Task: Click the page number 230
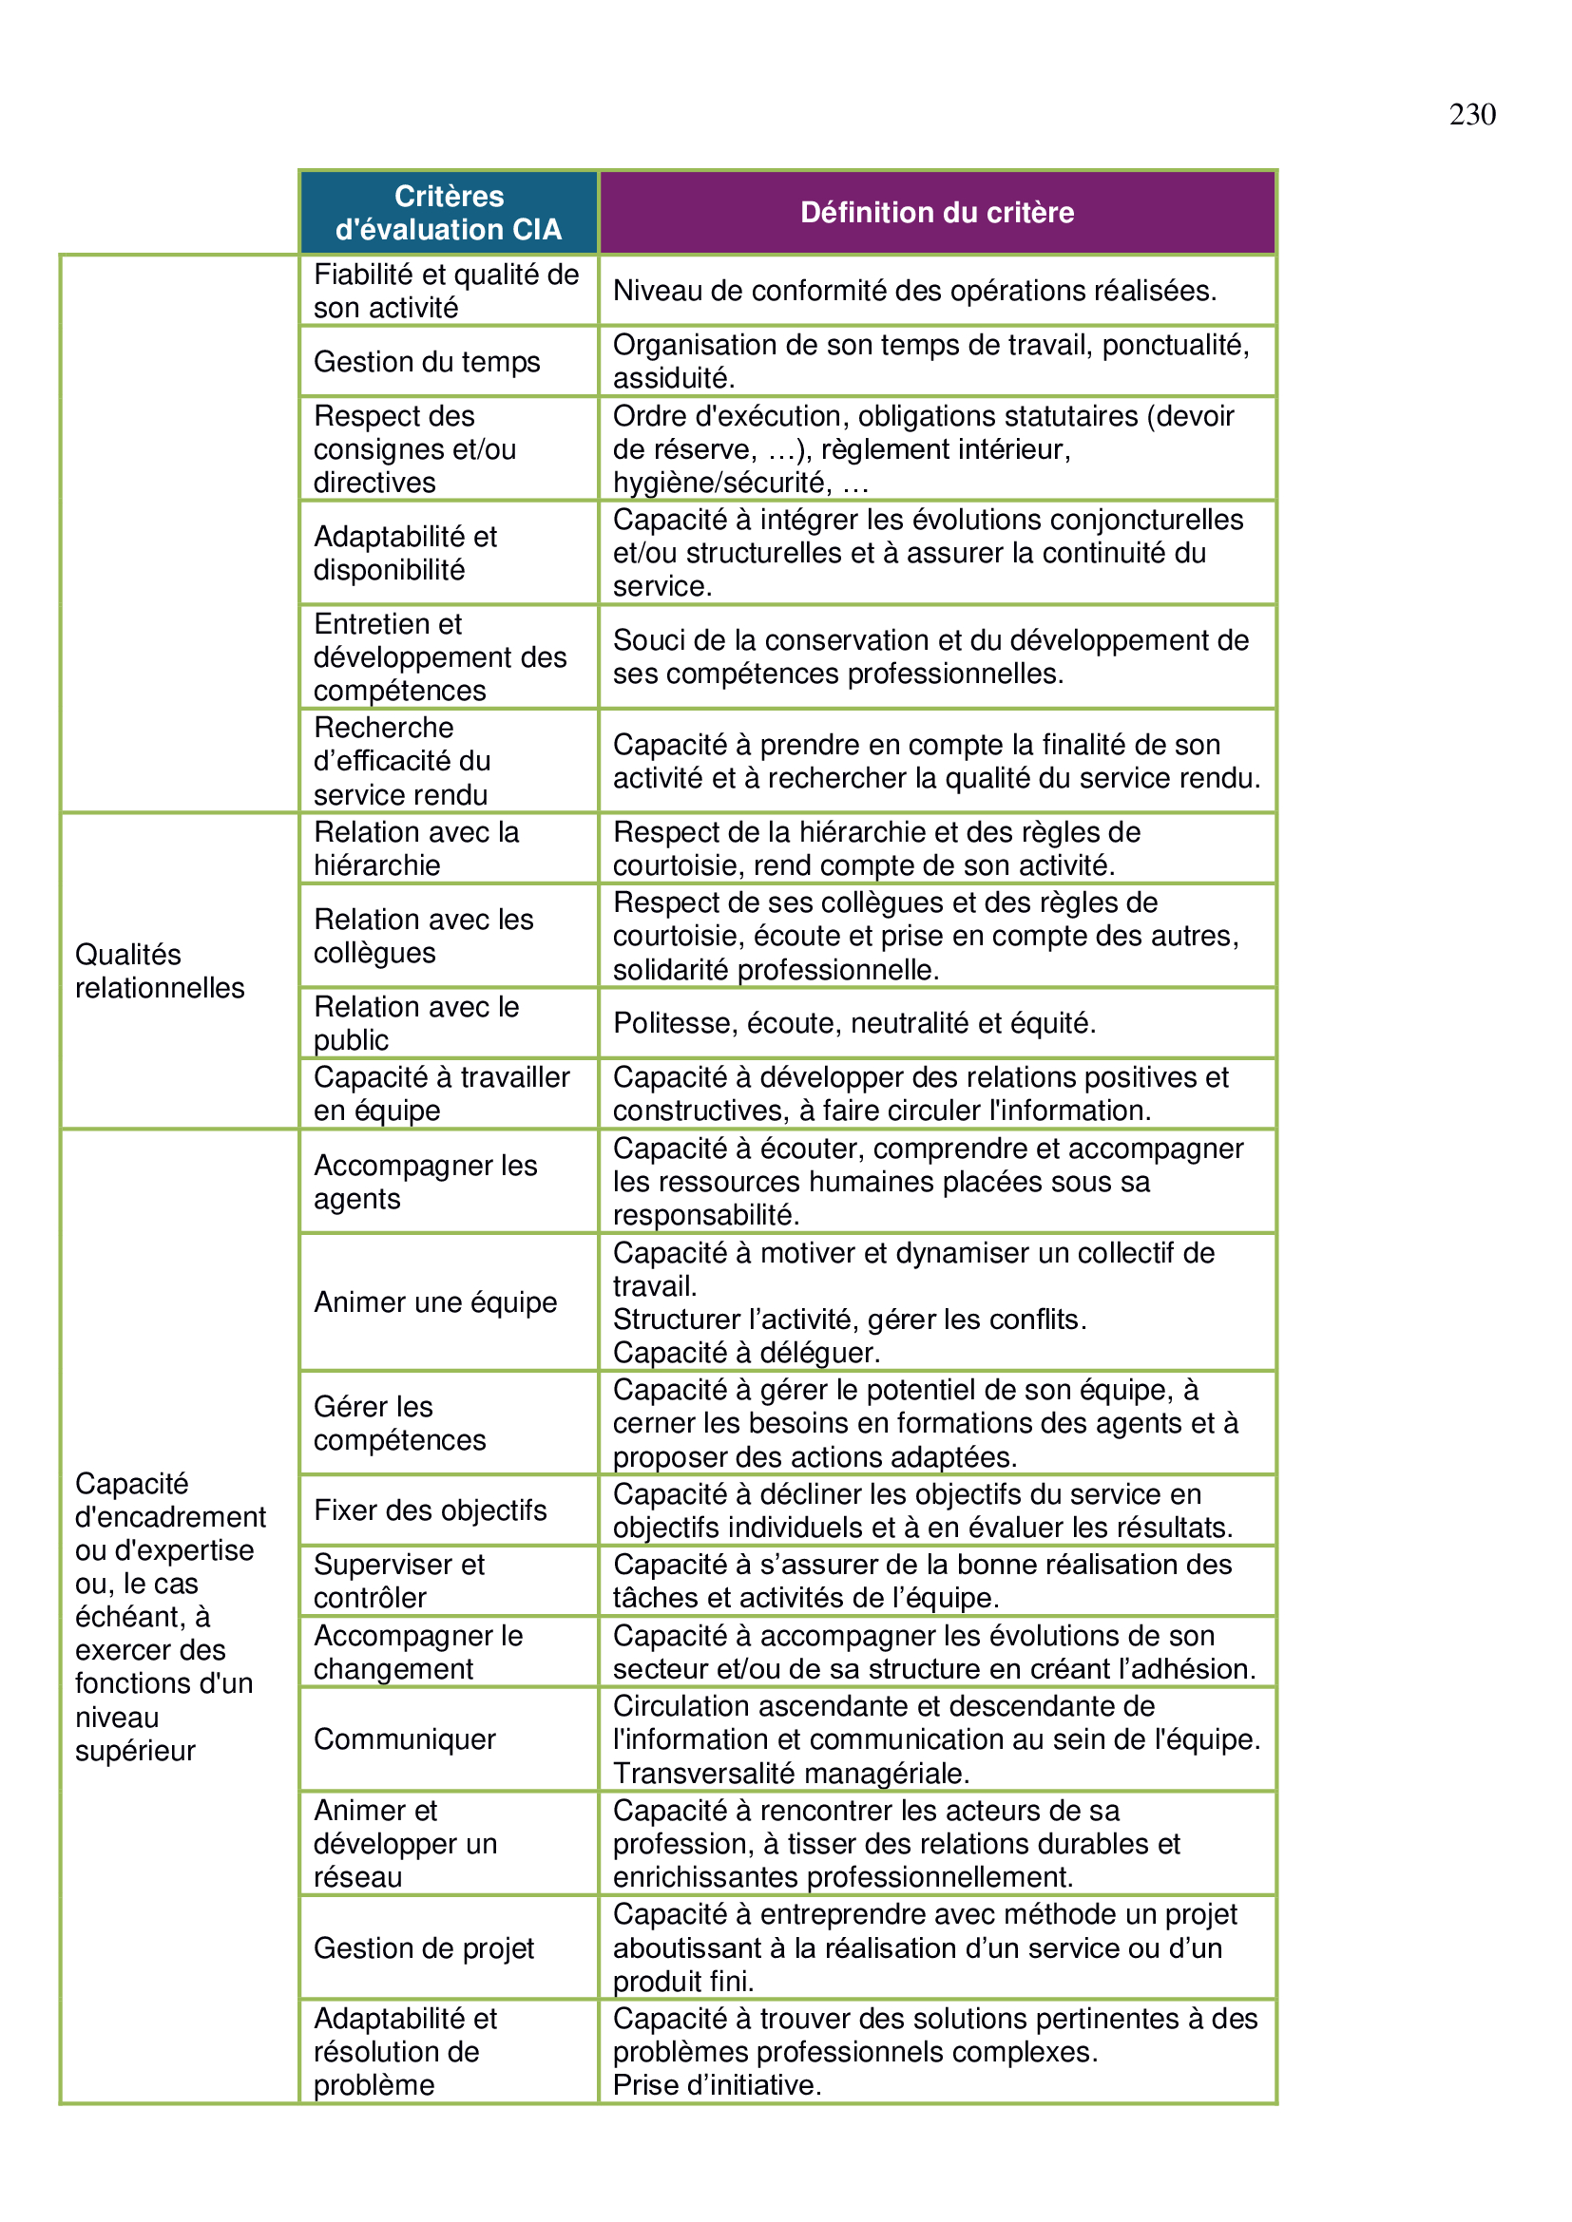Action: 1471,114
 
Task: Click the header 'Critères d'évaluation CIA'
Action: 449,212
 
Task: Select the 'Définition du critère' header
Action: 936,212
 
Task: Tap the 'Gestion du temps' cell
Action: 427,361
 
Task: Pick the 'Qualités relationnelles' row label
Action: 160,971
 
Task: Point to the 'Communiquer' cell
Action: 405,1739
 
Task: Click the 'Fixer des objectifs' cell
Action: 430,1510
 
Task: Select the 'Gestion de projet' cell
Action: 424,1947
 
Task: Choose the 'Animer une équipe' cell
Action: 434,1301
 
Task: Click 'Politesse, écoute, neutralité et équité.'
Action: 853,1022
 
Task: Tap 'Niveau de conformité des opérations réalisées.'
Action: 914,291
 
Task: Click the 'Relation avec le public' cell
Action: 416,1023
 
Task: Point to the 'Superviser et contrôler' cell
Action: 399,1581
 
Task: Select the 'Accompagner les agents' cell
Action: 425,1182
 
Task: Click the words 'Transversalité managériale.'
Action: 791,1773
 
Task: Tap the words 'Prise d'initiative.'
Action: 717,2084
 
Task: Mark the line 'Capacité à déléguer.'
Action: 746,1352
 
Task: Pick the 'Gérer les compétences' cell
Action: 399,1423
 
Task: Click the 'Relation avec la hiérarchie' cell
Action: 416,847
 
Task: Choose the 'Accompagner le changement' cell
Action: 418,1652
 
